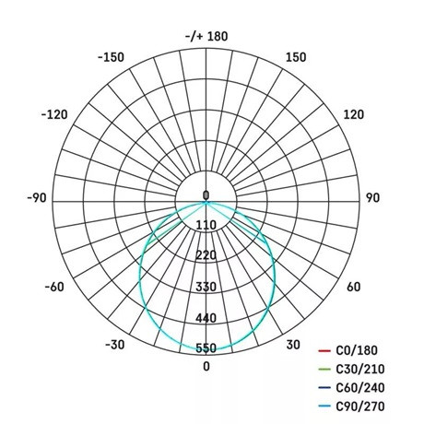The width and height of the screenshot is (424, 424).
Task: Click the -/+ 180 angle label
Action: [x=206, y=36]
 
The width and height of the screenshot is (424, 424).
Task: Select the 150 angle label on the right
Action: [x=296, y=57]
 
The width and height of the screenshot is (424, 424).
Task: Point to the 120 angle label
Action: [x=354, y=115]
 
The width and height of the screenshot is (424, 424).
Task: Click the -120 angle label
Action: [x=55, y=115]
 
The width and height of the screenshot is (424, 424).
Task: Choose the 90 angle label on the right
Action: [x=373, y=197]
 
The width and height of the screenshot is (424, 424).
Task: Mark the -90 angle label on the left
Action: [x=37, y=197]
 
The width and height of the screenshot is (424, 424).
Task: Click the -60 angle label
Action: [x=55, y=287]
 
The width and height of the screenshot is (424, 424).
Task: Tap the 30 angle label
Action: [x=292, y=345]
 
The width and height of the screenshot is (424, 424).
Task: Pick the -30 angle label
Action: [x=114, y=345]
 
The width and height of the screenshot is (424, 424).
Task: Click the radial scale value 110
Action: [x=206, y=225]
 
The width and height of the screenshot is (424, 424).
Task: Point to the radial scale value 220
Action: [x=206, y=255]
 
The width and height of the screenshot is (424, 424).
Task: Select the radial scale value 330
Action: [x=206, y=287]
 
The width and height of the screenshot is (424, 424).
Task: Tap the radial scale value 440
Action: [x=206, y=318]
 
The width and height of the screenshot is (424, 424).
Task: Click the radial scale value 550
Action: [x=206, y=348]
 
